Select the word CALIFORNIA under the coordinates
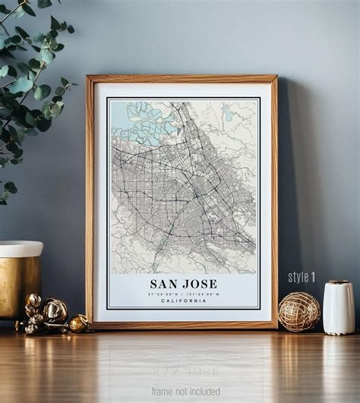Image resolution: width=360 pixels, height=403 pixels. click(183, 301)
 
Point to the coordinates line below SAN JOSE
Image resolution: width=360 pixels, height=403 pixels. click(183, 294)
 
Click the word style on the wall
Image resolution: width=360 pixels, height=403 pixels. click(297, 277)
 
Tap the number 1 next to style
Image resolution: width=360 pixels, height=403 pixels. click(311, 277)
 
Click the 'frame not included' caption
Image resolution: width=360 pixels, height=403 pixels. click(185, 392)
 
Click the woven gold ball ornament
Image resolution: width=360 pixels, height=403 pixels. click(298, 311)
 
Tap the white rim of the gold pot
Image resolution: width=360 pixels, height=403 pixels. click(21, 249)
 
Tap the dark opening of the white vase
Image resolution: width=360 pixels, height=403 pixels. click(338, 282)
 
